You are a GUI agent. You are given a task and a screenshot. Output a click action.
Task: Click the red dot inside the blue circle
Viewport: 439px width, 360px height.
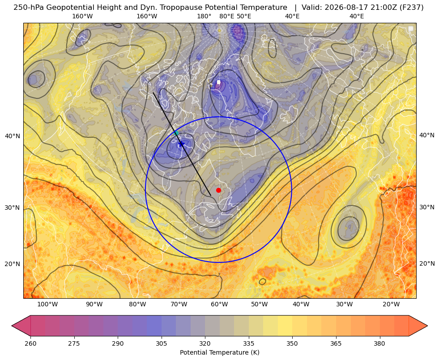click(219, 190)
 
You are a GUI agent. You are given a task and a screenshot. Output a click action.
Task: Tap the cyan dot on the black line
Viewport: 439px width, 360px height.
click(176, 133)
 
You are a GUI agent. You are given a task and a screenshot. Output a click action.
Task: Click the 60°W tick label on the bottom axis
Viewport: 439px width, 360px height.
click(219, 305)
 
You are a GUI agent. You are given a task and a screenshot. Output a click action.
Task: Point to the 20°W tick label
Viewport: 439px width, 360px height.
click(391, 305)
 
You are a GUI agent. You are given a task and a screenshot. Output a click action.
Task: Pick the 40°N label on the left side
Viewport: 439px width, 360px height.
click(13, 136)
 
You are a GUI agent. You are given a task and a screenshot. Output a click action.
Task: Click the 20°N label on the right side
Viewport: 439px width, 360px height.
click(427, 263)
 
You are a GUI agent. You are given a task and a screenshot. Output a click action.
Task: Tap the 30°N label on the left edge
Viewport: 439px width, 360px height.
click(13, 208)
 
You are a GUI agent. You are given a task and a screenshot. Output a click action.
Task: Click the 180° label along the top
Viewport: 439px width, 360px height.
click(204, 16)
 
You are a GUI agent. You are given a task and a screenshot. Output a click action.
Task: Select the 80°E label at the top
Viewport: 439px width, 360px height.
click(227, 16)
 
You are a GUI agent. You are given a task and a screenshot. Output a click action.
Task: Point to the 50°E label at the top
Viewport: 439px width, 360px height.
click(244, 16)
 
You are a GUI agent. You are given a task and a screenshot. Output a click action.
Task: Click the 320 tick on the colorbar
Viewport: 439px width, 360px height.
click(205, 343)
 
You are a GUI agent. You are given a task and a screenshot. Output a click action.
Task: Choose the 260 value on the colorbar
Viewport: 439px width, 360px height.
click(30, 343)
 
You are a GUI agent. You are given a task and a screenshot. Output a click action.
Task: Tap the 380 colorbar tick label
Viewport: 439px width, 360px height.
click(379, 343)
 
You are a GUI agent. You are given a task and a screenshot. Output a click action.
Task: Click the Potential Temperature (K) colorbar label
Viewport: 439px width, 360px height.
click(219, 352)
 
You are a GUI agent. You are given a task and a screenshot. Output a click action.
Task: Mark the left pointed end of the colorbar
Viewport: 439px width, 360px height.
click(12, 326)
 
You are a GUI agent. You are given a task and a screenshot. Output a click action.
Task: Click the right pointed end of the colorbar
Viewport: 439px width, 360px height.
click(427, 326)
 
